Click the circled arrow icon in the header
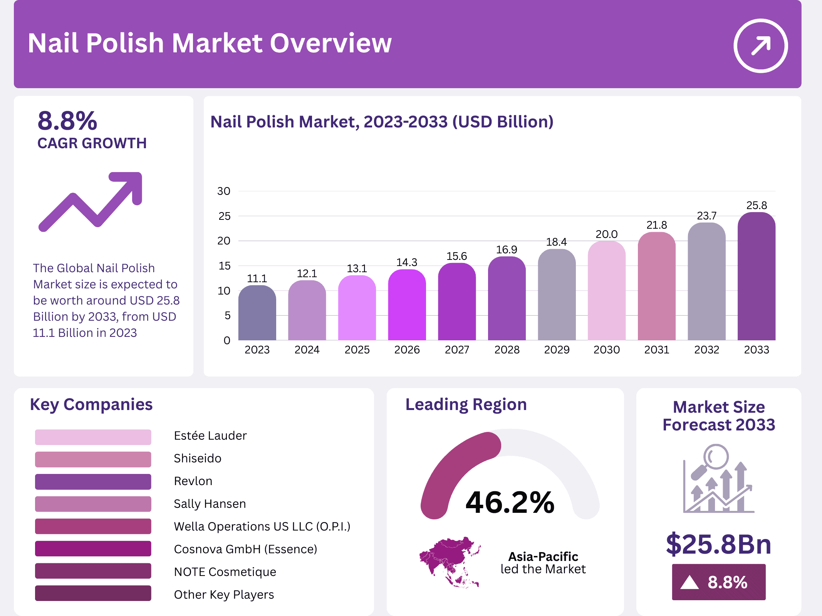pyautogui.click(x=760, y=46)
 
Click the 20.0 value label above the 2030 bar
pyautogui.click(x=606, y=234)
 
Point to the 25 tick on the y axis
pyautogui.click(x=224, y=216)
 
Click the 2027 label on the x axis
pyautogui.click(x=457, y=350)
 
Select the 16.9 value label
pyautogui.click(x=507, y=249)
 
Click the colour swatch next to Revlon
pyautogui.click(x=93, y=481)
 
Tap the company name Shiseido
pyautogui.click(x=198, y=458)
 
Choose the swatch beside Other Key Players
pyautogui.click(x=93, y=593)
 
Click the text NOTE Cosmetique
pyautogui.click(x=225, y=572)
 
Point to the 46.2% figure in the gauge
pyautogui.click(x=510, y=502)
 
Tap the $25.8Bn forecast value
pyautogui.click(x=718, y=544)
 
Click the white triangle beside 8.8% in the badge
pyautogui.click(x=689, y=582)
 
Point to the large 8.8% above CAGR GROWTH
pyautogui.click(x=67, y=121)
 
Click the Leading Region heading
pyautogui.click(x=466, y=405)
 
